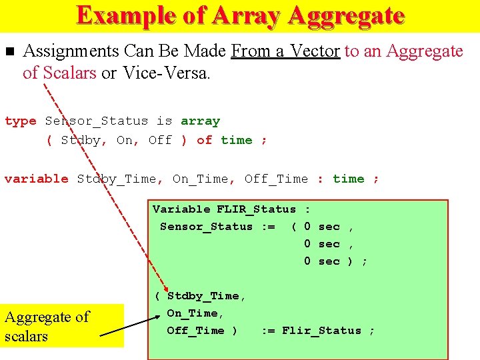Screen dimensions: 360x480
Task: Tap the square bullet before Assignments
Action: click(9, 51)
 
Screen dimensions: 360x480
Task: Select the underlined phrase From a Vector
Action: click(285, 51)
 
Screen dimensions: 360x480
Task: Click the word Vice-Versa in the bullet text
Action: click(166, 73)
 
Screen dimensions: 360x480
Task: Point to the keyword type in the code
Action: click(20, 121)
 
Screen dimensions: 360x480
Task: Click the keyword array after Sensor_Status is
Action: click(200, 121)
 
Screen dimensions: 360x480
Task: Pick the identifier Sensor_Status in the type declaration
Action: click(96, 121)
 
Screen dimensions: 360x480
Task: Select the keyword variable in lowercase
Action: click(36, 179)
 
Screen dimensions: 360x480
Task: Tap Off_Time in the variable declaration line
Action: click(276, 179)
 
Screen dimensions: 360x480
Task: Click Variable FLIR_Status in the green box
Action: click(224, 209)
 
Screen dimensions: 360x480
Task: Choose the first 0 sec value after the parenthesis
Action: click(321, 227)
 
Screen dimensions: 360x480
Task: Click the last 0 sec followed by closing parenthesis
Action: click(321, 261)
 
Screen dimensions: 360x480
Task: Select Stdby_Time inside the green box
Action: click(206, 296)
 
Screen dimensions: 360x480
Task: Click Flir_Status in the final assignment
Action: click(321, 331)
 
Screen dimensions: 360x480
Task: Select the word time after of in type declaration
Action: click(237, 140)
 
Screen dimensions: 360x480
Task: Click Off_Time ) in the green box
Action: click(202, 331)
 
